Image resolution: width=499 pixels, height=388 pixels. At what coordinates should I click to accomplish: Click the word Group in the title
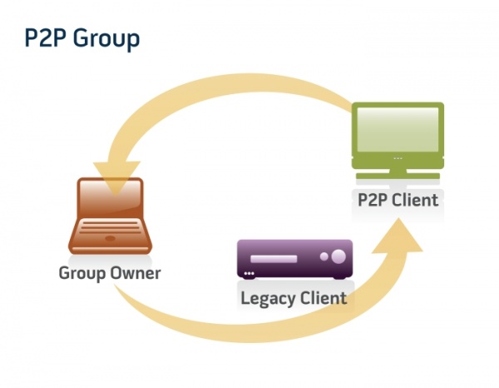(106, 39)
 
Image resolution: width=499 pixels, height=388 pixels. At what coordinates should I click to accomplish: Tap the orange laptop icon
(110, 216)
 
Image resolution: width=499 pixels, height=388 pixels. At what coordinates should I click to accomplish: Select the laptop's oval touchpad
(110, 238)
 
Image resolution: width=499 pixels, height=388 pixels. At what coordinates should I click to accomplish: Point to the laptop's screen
(110, 196)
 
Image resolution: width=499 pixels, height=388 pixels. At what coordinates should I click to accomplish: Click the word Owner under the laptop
(136, 273)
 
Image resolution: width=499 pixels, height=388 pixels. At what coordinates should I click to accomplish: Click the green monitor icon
(398, 141)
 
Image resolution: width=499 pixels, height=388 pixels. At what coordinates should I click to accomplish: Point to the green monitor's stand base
(398, 176)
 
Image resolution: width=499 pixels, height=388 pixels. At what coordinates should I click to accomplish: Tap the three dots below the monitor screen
(398, 158)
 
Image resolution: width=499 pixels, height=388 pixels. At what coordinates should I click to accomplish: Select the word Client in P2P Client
(415, 200)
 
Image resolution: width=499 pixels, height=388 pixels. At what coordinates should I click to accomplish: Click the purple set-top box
(294, 259)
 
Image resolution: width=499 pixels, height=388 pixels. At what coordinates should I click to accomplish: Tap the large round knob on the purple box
(338, 256)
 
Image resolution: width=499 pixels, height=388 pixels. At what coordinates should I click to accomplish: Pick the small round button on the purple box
(324, 256)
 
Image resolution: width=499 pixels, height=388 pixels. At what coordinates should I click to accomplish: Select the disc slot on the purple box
(274, 258)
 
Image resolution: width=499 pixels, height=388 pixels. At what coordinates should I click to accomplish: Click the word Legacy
(268, 299)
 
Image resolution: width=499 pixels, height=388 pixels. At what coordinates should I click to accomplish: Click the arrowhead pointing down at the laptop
(116, 177)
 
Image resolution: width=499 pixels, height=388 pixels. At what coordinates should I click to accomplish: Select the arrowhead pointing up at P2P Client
(398, 236)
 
